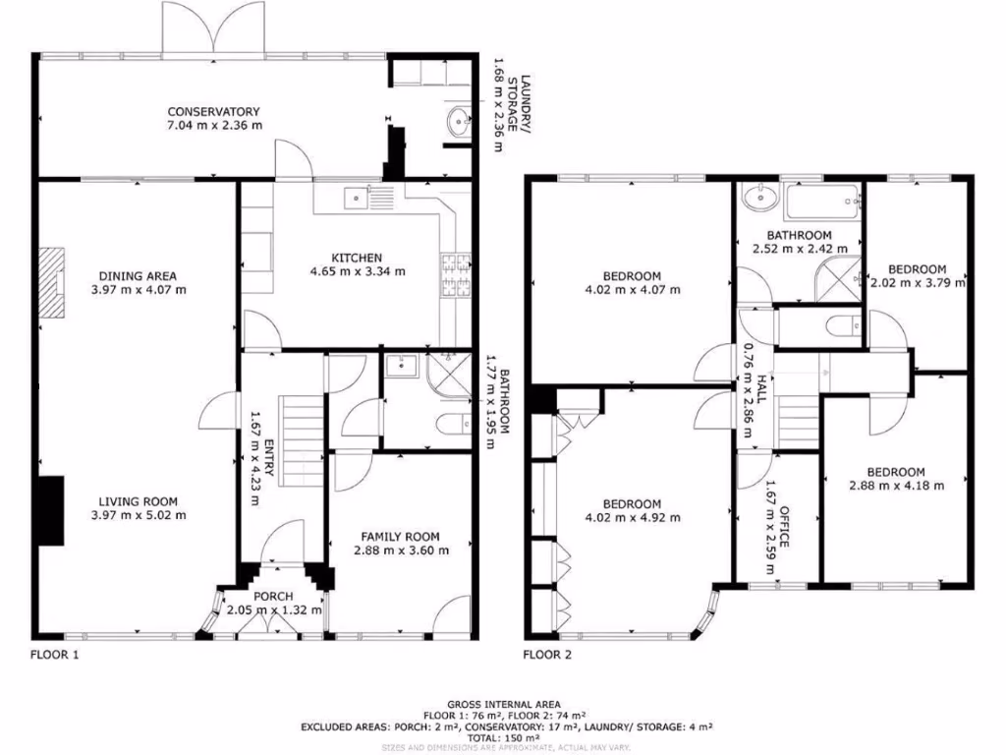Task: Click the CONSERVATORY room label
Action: [212, 111]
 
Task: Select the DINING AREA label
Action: [138, 276]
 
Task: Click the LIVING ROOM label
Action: [138, 500]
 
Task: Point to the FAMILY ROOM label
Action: [400, 536]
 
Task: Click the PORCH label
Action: [273, 597]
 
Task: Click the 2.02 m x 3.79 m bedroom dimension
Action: [918, 283]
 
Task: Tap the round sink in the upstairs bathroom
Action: [757, 199]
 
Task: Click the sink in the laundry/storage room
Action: [460, 123]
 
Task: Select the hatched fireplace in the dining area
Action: [51, 283]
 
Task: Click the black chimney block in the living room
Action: [51, 510]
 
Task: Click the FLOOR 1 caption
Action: [54, 654]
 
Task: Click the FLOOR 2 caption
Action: [546, 654]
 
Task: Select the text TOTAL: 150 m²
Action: [504, 737]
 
